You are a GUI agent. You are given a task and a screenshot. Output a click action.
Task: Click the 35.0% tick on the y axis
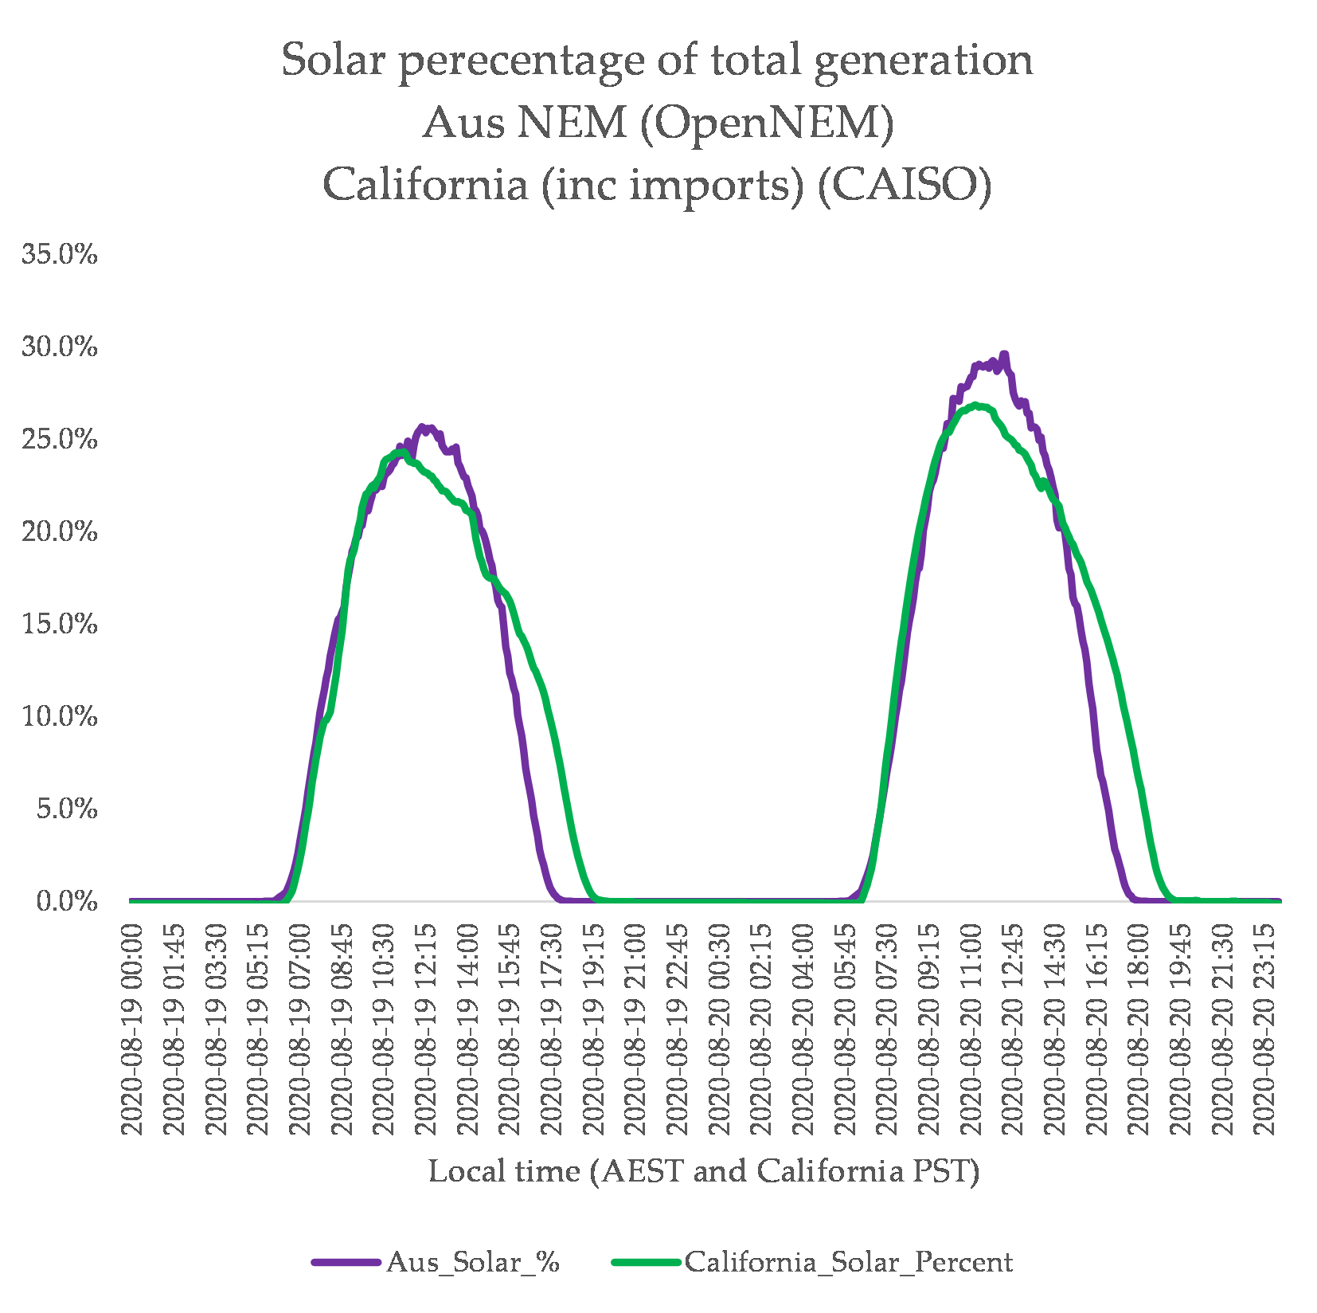click(60, 254)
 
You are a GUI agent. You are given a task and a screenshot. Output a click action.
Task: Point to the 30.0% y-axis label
click(60, 347)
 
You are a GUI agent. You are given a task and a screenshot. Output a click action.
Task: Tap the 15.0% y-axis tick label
click(60, 624)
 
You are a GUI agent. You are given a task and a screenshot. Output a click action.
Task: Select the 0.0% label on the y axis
click(67, 901)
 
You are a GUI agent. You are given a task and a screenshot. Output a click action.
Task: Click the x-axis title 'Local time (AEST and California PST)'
click(704, 1170)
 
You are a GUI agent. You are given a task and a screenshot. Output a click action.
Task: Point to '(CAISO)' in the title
click(905, 185)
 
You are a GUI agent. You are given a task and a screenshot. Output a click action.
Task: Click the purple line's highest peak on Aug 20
click(1004, 353)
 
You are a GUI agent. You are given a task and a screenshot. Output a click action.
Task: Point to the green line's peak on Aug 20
click(976, 405)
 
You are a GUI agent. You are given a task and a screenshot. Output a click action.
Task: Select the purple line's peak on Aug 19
click(423, 427)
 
